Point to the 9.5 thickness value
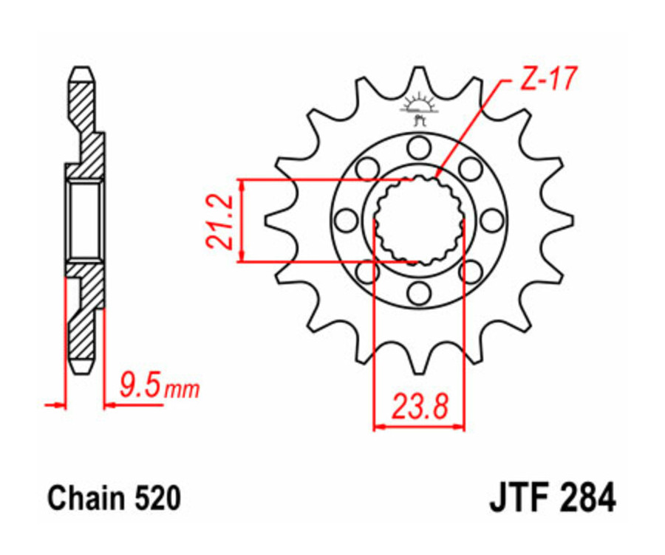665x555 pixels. tap(140, 385)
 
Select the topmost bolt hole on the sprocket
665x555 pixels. tap(419, 148)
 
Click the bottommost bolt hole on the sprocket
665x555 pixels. tap(419, 293)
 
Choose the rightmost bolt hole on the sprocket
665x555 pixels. tap(492, 220)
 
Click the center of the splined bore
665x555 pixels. tap(419, 220)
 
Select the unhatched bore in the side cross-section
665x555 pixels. tap(83, 220)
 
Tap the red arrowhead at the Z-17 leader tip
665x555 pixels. tap(437, 176)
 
